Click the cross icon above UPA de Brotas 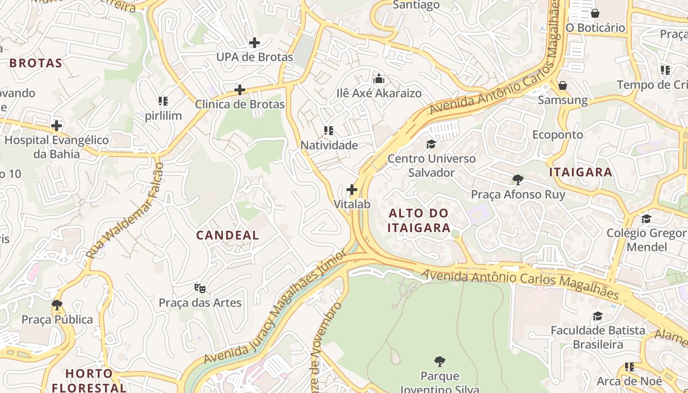(254, 43)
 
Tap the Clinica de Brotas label (240, 104)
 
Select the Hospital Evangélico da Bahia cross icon (57, 126)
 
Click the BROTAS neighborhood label (36, 63)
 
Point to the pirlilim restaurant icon (163, 102)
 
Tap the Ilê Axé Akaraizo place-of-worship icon (379, 79)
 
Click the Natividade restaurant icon (329, 131)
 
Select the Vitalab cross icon (352, 189)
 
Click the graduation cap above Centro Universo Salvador (431, 144)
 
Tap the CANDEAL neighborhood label (228, 235)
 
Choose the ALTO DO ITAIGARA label (419, 220)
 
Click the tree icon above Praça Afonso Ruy (517, 179)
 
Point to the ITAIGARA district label (580, 172)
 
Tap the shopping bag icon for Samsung (563, 86)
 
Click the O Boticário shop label (595, 28)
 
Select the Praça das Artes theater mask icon (200, 288)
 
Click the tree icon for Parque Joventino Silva (440, 362)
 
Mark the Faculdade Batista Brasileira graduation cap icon (598, 316)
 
